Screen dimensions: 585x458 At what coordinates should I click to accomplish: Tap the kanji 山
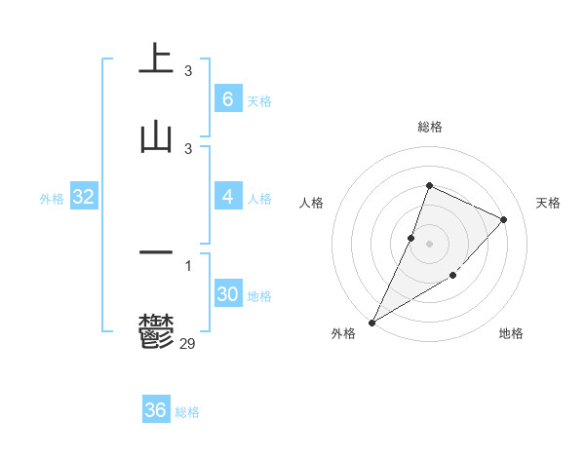(156, 135)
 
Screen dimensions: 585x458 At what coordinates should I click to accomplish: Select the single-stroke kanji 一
(156, 253)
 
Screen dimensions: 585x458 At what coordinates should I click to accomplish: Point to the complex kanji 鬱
(156, 331)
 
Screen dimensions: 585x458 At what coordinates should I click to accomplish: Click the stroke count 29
(188, 343)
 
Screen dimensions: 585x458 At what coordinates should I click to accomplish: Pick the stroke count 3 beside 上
(188, 71)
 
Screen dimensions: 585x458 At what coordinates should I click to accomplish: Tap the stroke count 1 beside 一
(188, 266)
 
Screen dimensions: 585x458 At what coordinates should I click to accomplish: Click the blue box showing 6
(228, 99)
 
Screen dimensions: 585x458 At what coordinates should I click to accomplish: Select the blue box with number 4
(228, 197)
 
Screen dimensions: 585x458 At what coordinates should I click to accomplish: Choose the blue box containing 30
(228, 294)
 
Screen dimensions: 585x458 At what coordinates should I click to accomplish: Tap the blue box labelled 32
(84, 197)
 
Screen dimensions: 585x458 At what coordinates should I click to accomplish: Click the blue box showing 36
(156, 410)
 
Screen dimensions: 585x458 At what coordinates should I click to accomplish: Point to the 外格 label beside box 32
(52, 199)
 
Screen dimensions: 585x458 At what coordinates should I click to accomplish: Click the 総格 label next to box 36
(187, 412)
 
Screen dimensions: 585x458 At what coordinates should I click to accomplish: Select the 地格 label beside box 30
(259, 296)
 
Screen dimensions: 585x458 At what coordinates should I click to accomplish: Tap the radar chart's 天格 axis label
(548, 203)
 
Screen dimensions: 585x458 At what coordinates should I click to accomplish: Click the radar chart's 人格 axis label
(311, 203)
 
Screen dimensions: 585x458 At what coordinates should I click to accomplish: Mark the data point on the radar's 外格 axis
(371, 322)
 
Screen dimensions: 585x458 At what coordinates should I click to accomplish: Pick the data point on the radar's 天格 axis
(504, 219)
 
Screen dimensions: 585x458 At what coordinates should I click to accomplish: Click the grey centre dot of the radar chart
(429, 243)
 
